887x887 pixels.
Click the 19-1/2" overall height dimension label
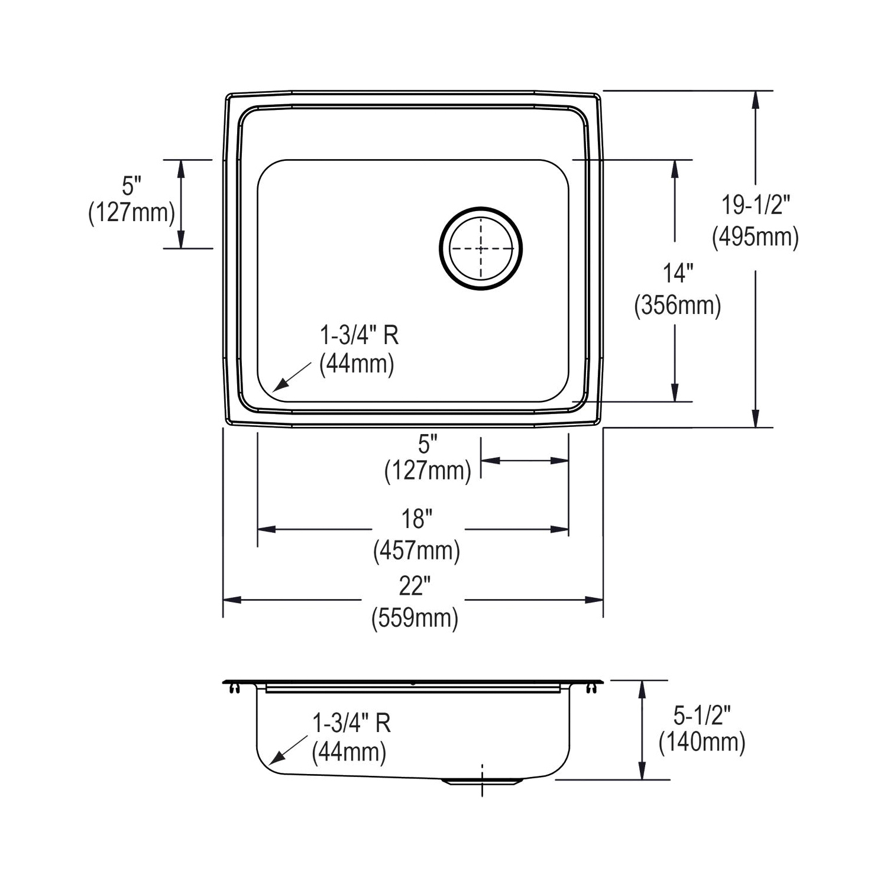click(x=755, y=206)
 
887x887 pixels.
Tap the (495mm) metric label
click(x=755, y=237)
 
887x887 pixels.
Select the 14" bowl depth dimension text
click(x=678, y=274)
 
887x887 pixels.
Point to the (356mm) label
click(x=678, y=306)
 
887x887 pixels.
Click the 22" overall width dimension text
click(x=414, y=586)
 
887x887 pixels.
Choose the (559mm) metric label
click(x=415, y=618)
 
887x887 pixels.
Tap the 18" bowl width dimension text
click(x=416, y=519)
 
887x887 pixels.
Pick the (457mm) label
click(x=416, y=551)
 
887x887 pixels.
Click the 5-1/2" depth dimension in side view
click(x=703, y=717)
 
